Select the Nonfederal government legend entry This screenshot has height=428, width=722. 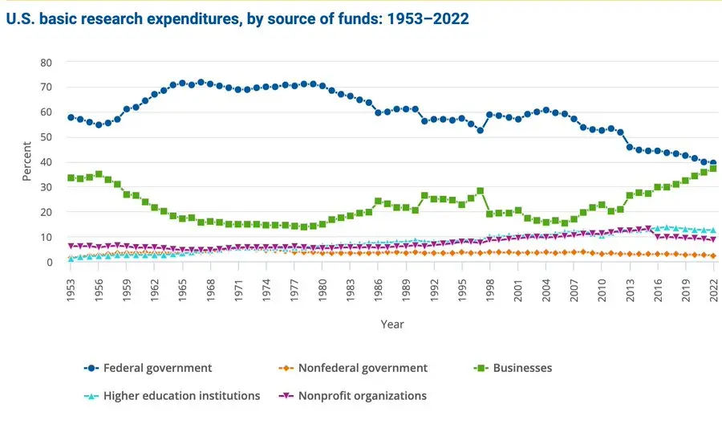363,368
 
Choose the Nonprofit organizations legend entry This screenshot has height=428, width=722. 363,395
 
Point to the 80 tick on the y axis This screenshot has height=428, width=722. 46,63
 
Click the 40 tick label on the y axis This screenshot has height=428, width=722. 46,162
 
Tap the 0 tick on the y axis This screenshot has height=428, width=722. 49,263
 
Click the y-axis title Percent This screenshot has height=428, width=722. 26,162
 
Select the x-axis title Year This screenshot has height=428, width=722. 392,324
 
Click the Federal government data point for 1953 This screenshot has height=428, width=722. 71,117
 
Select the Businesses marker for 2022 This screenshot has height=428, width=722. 712,169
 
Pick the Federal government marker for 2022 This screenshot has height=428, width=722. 712,163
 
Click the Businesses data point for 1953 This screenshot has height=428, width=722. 71,178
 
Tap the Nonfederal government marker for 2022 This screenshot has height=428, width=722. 712,256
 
